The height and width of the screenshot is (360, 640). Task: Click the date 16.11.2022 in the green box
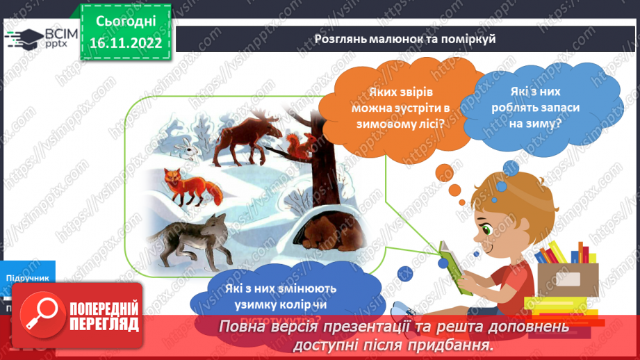126,42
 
